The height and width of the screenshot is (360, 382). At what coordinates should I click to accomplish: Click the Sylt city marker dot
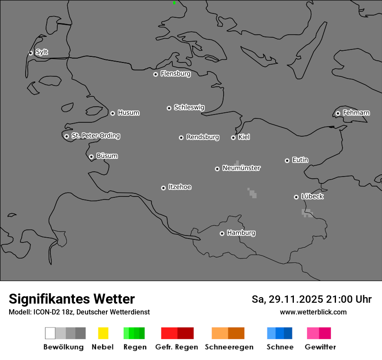point(30,53)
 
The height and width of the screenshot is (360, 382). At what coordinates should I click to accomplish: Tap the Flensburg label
point(175,74)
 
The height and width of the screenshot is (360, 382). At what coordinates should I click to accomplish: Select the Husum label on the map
point(128,113)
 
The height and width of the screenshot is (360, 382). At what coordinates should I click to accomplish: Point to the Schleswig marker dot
point(169,108)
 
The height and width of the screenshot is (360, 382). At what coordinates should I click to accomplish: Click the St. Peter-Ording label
point(95,136)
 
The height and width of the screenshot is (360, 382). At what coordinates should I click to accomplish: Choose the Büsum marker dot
point(91,157)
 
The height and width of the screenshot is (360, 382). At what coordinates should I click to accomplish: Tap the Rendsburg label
point(203,137)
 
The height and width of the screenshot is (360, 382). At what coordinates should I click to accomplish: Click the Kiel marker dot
point(233,137)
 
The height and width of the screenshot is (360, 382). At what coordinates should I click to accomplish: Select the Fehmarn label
point(356,113)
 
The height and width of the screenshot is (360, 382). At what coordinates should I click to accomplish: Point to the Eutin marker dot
point(287,160)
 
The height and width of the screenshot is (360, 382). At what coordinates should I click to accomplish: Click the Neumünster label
point(241,168)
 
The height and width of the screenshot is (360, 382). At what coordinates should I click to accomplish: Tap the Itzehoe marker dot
point(163,188)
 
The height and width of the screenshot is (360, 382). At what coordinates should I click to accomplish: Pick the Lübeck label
point(312,196)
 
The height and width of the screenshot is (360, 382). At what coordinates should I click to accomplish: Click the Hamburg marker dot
point(222,233)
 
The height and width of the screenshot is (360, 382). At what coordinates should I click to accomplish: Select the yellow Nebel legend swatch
point(103,333)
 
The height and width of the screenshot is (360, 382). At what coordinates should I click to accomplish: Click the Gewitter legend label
point(320,347)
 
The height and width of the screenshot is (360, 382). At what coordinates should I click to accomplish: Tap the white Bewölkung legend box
point(50,333)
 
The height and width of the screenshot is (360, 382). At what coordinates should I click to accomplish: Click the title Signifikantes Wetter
point(72,299)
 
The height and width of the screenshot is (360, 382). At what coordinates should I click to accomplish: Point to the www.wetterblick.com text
point(313,312)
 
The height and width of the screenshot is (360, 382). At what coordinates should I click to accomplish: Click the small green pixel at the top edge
point(174,3)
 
